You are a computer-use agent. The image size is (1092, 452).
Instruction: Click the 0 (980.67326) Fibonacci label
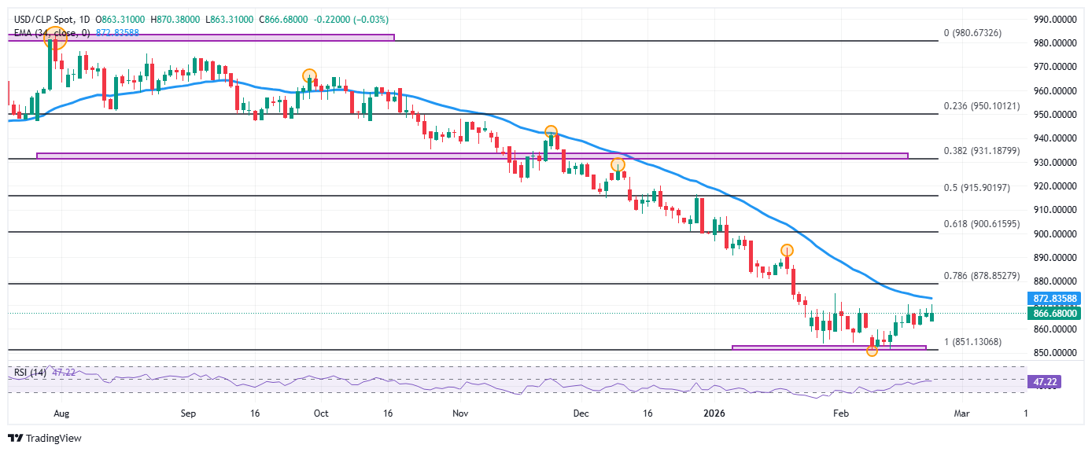[983, 34]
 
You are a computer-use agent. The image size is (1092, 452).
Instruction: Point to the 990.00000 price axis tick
[1054, 20]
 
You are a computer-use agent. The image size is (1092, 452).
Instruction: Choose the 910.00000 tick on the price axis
[1054, 210]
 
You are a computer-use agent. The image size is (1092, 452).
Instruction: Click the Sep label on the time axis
[187, 413]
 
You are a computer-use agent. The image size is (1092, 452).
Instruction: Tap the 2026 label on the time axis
[714, 413]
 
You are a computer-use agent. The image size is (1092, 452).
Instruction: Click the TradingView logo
[45, 438]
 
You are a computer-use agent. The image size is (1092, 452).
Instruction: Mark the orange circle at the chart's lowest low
[872, 351]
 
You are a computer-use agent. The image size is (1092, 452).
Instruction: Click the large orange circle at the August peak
[55, 38]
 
